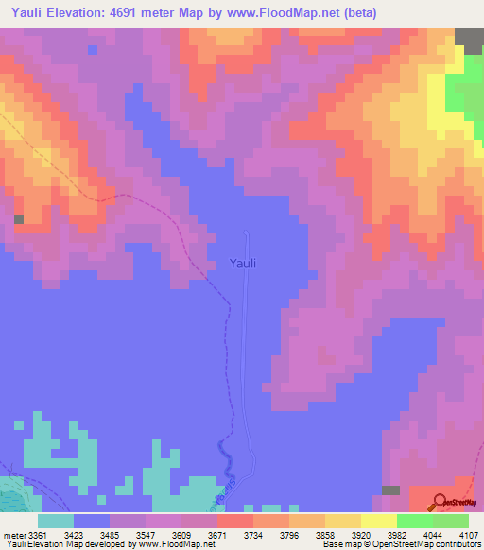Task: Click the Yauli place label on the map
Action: point(243,265)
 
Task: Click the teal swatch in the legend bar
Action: point(56,521)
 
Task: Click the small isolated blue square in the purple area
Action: point(92,49)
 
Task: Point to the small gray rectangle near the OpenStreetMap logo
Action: point(390,490)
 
